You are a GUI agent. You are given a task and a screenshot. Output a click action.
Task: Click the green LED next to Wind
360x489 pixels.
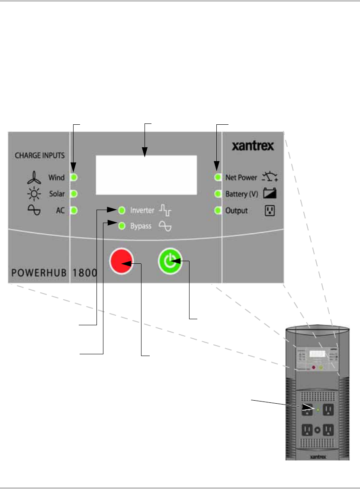tap(74, 177)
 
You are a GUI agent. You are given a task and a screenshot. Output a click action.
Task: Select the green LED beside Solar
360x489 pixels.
tap(74, 194)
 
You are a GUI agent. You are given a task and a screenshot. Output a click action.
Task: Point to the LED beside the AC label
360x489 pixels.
tap(74, 210)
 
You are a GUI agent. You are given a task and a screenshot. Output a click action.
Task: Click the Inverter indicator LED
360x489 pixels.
tap(122, 210)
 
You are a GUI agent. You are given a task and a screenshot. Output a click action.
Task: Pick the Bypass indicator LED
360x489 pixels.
tap(122, 226)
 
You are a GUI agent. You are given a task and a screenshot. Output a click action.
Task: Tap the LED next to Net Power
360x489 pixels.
tap(218, 177)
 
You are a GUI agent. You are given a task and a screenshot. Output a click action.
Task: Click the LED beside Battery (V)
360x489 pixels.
tap(218, 194)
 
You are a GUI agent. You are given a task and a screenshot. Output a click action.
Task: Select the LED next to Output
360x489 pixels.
tap(218, 211)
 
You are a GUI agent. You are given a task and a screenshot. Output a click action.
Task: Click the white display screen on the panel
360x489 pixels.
tap(146, 175)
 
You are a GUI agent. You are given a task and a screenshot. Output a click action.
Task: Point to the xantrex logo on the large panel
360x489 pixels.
tap(254, 146)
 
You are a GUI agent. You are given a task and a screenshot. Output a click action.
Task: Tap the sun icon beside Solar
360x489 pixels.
tap(34, 194)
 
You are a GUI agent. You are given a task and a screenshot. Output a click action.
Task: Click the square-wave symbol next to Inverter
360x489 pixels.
tap(165, 211)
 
